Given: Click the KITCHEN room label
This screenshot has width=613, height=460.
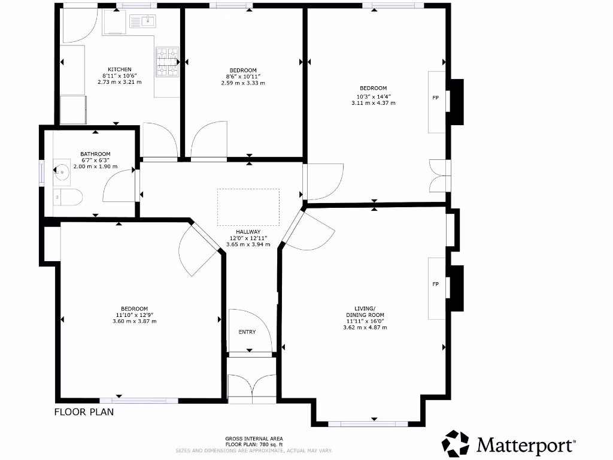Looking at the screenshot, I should (119, 69).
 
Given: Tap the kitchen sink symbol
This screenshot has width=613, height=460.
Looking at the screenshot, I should (143, 22).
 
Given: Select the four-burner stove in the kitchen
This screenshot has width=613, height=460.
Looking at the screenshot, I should (168, 62).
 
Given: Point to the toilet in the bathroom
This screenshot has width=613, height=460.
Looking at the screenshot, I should (66, 197).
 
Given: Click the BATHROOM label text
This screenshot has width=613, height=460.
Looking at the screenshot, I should (95, 154).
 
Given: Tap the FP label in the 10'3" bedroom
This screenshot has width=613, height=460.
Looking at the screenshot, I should (435, 97).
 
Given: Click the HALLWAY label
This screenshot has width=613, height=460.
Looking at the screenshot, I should (248, 231).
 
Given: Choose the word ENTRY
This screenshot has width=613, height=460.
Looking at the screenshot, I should (247, 332).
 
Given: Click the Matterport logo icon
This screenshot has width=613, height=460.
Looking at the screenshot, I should (456, 444).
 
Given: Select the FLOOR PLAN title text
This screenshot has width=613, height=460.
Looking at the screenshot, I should (84, 412).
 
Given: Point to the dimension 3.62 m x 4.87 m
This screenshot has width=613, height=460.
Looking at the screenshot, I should (365, 328).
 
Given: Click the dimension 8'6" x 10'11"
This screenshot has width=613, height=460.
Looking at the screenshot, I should (243, 76).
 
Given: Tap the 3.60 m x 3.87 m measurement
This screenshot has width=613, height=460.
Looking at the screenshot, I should (134, 322).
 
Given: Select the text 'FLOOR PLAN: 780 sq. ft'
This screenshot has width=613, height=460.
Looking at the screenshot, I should (254, 444).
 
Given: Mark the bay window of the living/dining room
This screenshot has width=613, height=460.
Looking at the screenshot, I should (368, 423).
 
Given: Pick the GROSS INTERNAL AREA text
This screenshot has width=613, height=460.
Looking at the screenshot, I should (254, 438).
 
